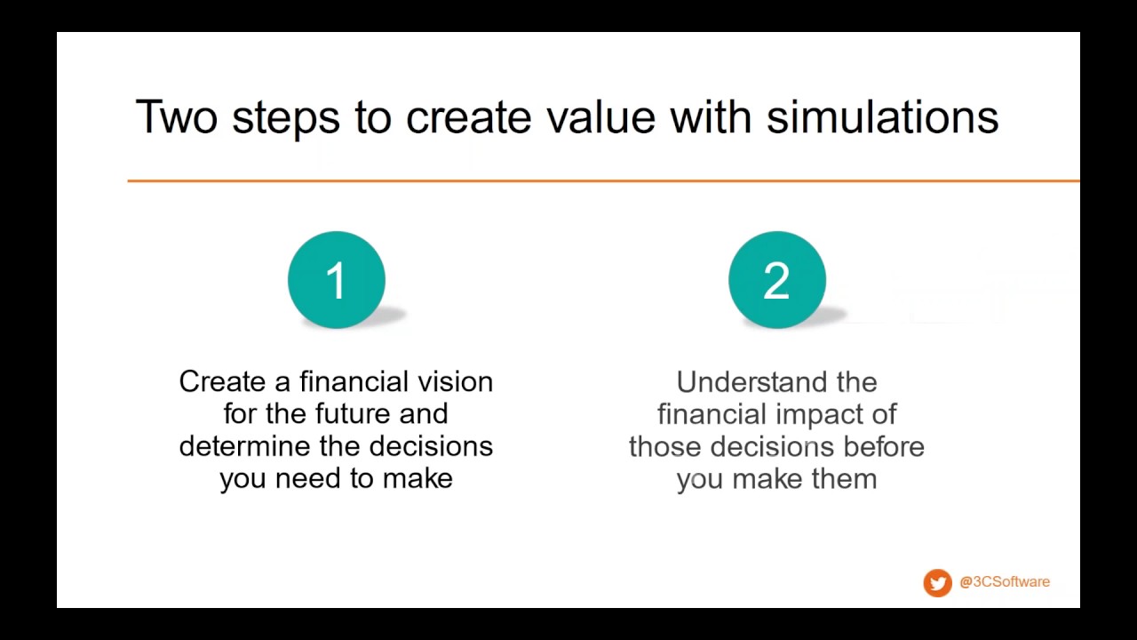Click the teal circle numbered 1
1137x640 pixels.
337,280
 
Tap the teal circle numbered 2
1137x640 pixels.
777,280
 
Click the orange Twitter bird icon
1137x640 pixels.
937,582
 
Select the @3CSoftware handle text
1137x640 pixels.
1005,581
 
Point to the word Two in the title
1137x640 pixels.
177,117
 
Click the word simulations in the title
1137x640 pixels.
882,117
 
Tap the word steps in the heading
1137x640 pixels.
286,120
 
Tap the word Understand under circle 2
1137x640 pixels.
751,382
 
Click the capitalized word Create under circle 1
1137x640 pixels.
222,381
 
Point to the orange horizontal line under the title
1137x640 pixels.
603,180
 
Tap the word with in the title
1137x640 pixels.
711,117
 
